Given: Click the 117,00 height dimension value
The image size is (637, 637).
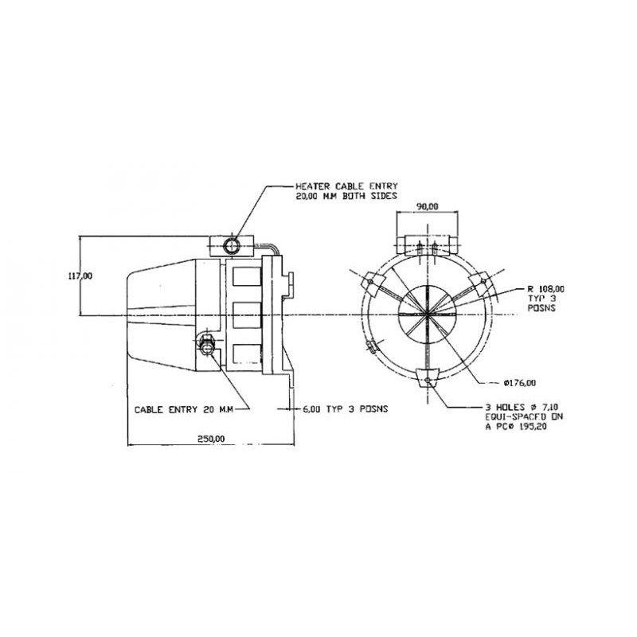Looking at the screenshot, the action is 80,276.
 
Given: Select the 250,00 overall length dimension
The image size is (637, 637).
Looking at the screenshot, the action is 211,439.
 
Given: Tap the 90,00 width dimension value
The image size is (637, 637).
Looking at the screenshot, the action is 428,206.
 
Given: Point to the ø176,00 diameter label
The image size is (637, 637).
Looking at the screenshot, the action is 519,383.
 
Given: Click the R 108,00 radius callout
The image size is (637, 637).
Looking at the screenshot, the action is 545,289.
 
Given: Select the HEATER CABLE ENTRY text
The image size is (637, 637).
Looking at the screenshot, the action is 346,186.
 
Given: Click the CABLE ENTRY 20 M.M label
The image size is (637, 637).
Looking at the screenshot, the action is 184,409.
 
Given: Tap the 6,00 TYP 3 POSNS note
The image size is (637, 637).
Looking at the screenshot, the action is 346,408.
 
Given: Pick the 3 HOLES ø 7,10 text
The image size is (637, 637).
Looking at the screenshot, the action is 522,407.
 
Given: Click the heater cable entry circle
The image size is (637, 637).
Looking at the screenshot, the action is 232,246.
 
